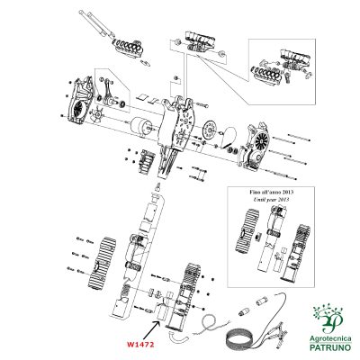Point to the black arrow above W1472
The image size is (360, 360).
pyautogui.click(x=148, y=329)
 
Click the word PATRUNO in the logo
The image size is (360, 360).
pyautogui.click(x=329, y=347)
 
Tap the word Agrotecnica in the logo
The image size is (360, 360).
pyautogui.click(x=329, y=338)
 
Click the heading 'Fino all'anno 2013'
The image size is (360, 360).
pyautogui.click(x=271, y=192)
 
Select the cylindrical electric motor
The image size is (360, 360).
pyautogui.click(x=141, y=126)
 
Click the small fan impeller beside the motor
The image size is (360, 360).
pyautogui.click(x=97, y=115)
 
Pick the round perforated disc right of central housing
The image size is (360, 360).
pyautogui.click(x=209, y=130)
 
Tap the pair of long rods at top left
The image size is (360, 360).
pyautogui.click(x=96, y=23)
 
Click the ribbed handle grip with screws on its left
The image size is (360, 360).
pyautogui.click(x=102, y=262)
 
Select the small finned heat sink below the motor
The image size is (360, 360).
pyautogui.click(x=146, y=162)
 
